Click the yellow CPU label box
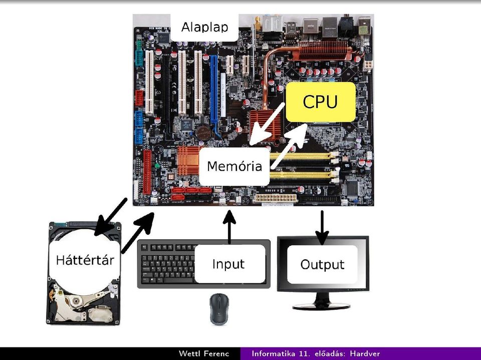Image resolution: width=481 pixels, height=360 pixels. [321, 102]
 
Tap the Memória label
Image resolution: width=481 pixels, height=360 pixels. [234, 167]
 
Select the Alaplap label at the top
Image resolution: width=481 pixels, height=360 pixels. [204, 28]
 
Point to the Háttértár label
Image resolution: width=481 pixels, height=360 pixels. [85, 260]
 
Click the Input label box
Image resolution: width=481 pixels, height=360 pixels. [230, 264]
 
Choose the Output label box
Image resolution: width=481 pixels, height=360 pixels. [322, 264]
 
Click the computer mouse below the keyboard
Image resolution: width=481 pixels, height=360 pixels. [219, 309]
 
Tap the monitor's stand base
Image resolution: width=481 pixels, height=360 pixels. [321, 306]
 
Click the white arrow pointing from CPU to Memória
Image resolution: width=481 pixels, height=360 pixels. [267, 124]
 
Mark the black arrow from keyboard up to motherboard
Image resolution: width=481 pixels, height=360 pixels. [229, 227]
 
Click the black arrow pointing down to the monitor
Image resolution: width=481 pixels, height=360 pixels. [322, 227]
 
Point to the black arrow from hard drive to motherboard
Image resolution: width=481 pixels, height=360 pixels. [138, 233]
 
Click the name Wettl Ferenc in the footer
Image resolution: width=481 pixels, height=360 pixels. [204, 353]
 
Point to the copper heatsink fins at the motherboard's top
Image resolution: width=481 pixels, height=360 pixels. [326, 51]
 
